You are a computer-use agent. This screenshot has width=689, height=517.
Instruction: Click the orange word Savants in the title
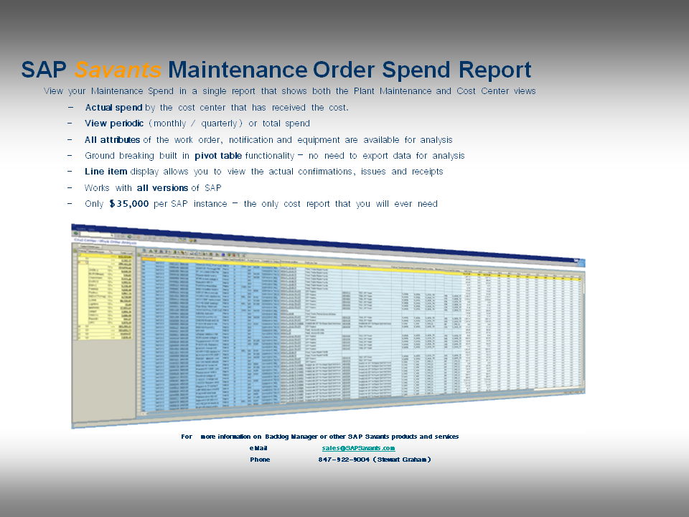(118, 70)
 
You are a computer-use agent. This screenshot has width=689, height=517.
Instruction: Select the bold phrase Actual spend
(113, 108)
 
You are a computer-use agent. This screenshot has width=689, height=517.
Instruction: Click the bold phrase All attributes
(112, 140)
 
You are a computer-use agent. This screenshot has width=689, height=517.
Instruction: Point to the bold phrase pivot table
(218, 156)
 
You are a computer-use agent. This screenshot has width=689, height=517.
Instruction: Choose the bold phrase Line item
(106, 172)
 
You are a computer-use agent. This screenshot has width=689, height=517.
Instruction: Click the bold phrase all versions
(163, 188)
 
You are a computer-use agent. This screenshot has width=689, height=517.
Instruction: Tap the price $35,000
(129, 204)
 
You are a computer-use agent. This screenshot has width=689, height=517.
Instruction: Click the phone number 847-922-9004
(345, 460)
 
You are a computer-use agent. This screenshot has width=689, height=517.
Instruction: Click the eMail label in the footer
(258, 448)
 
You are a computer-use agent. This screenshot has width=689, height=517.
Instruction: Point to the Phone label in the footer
(260, 460)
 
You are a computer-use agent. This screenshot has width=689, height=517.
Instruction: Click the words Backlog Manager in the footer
(270, 437)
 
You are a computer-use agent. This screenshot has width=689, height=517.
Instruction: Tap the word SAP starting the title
(44, 70)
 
